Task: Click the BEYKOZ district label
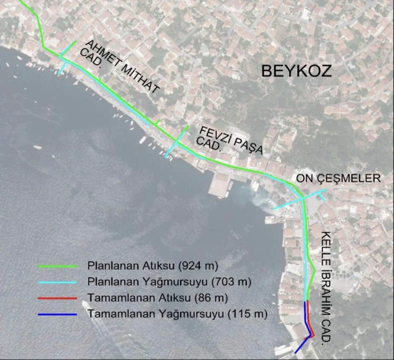coord(297,70)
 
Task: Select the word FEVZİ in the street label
coord(213,133)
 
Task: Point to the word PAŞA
coord(247,147)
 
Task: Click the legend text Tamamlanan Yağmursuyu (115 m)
coord(178,315)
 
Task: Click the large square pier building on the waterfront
coord(221,184)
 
